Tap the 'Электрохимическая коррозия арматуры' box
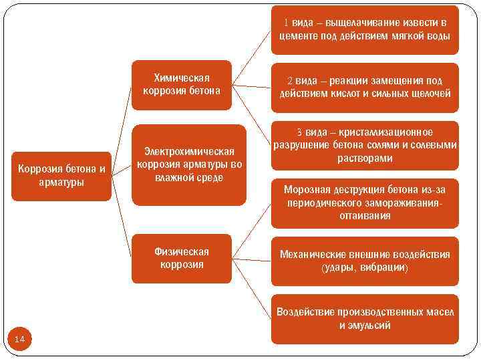point(189,164)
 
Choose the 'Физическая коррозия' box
point(182,258)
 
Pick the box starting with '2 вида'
point(365,86)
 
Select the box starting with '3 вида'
point(365,145)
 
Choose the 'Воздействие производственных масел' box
point(365,318)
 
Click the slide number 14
point(19,340)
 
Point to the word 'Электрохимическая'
point(190,152)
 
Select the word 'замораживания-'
point(401,203)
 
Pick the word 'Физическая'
point(182,251)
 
